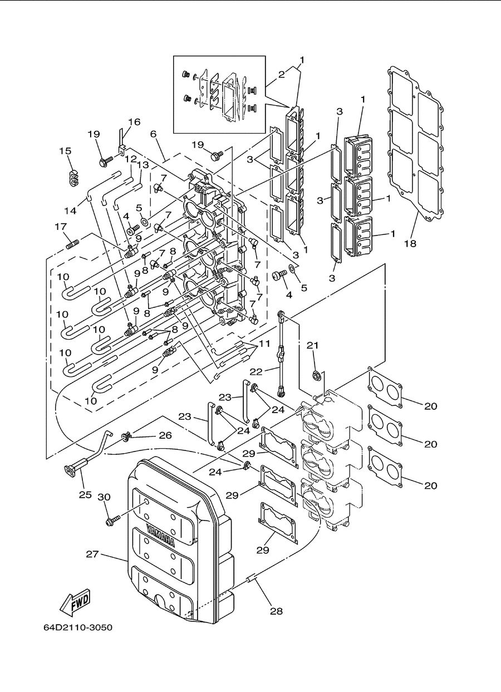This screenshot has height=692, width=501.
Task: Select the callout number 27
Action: click(x=92, y=554)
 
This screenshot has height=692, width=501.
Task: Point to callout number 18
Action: click(x=410, y=243)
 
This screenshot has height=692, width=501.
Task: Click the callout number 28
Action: click(x=276, y=611)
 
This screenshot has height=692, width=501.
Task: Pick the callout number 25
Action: click(x=85, y=494)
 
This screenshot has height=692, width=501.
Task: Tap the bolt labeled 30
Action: click(x=113, y=521)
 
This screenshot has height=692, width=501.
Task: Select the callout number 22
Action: click(x=256, y=372)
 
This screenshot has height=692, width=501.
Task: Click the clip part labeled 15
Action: click(x=73, y=178)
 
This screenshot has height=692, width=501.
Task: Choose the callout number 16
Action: click(x=134, y=122)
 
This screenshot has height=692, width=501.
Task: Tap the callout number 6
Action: click(x=153, y=134)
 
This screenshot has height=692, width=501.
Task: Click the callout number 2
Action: click(x=281, y=75)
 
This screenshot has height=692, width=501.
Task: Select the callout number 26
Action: click(x=165, y=435)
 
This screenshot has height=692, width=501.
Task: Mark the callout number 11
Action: click(x=264, y=343)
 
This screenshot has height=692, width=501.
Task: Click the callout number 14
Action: click(x=70, y=210)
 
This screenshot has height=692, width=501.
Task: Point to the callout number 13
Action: click(x=143, y=165)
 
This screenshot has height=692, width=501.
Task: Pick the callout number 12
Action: click(x=131, y=159)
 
